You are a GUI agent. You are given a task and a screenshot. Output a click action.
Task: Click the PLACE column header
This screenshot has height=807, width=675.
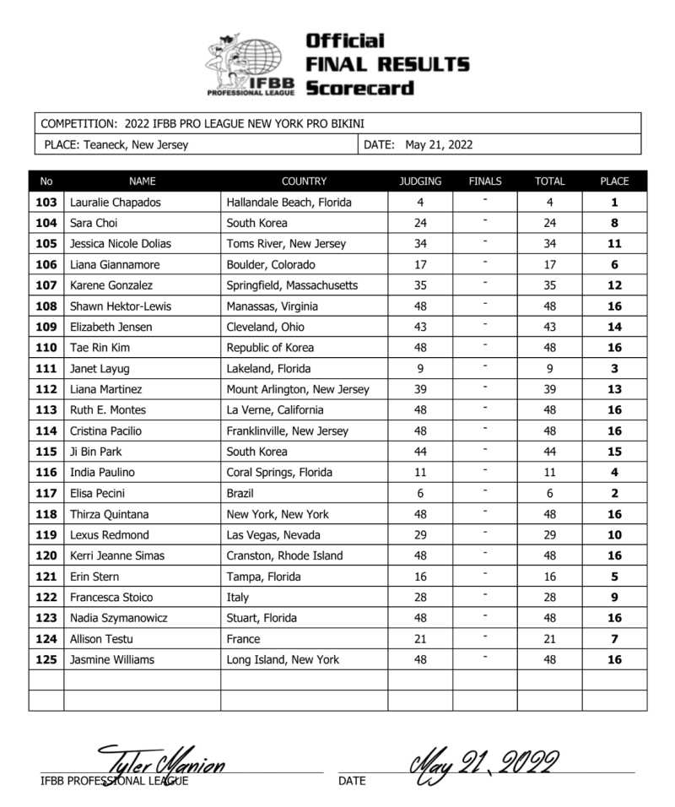pyautogui.click(x=614, y=181)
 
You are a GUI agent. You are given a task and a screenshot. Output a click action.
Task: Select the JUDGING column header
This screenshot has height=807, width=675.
pyautogui.click(x=420, y=181)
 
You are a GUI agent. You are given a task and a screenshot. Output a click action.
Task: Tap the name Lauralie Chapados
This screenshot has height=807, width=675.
pyautogui.click(x=116, y=203)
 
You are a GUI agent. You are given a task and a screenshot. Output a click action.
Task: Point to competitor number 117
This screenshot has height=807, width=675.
pyautogui.click(x=46, y=493)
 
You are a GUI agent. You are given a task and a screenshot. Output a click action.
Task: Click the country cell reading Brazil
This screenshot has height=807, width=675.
pyautogui.click(x=240, y=493)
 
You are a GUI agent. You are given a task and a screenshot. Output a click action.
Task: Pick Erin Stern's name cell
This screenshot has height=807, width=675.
pyautogui.click(x=94, y=577)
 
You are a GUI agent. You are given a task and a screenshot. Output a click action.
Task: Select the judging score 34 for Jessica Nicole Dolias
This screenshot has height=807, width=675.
pyautogui.click(x=420, y=244)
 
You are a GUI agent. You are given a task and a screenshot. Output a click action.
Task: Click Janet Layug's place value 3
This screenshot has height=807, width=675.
pyautogui.click(x=614, y=368)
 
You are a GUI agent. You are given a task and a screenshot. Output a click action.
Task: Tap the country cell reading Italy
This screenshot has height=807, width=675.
pyautogui.click(x=238, y=598)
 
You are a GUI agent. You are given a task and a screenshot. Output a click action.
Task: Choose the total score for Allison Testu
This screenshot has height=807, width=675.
pyautogui.click(x=549, y=639)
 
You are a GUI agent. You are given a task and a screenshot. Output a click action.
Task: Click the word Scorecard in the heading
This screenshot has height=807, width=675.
pyautogui.click(x=359, y=88)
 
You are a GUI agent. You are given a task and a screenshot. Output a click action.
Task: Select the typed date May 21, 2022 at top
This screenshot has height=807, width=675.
pyautogui.click(x=439, y=144)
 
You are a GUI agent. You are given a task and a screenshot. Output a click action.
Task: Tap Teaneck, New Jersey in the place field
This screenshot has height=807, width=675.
pyautogui.click(x=136, y=144)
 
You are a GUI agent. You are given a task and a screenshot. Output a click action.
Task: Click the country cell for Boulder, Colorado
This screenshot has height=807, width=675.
pyautogui.click(x=265, y=264)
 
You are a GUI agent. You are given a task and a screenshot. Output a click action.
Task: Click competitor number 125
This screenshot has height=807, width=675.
pyautogui.click(x=46, y=659)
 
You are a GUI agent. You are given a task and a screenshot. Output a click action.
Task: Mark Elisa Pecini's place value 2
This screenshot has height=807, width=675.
pyautogui.click(x=614, y=493)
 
